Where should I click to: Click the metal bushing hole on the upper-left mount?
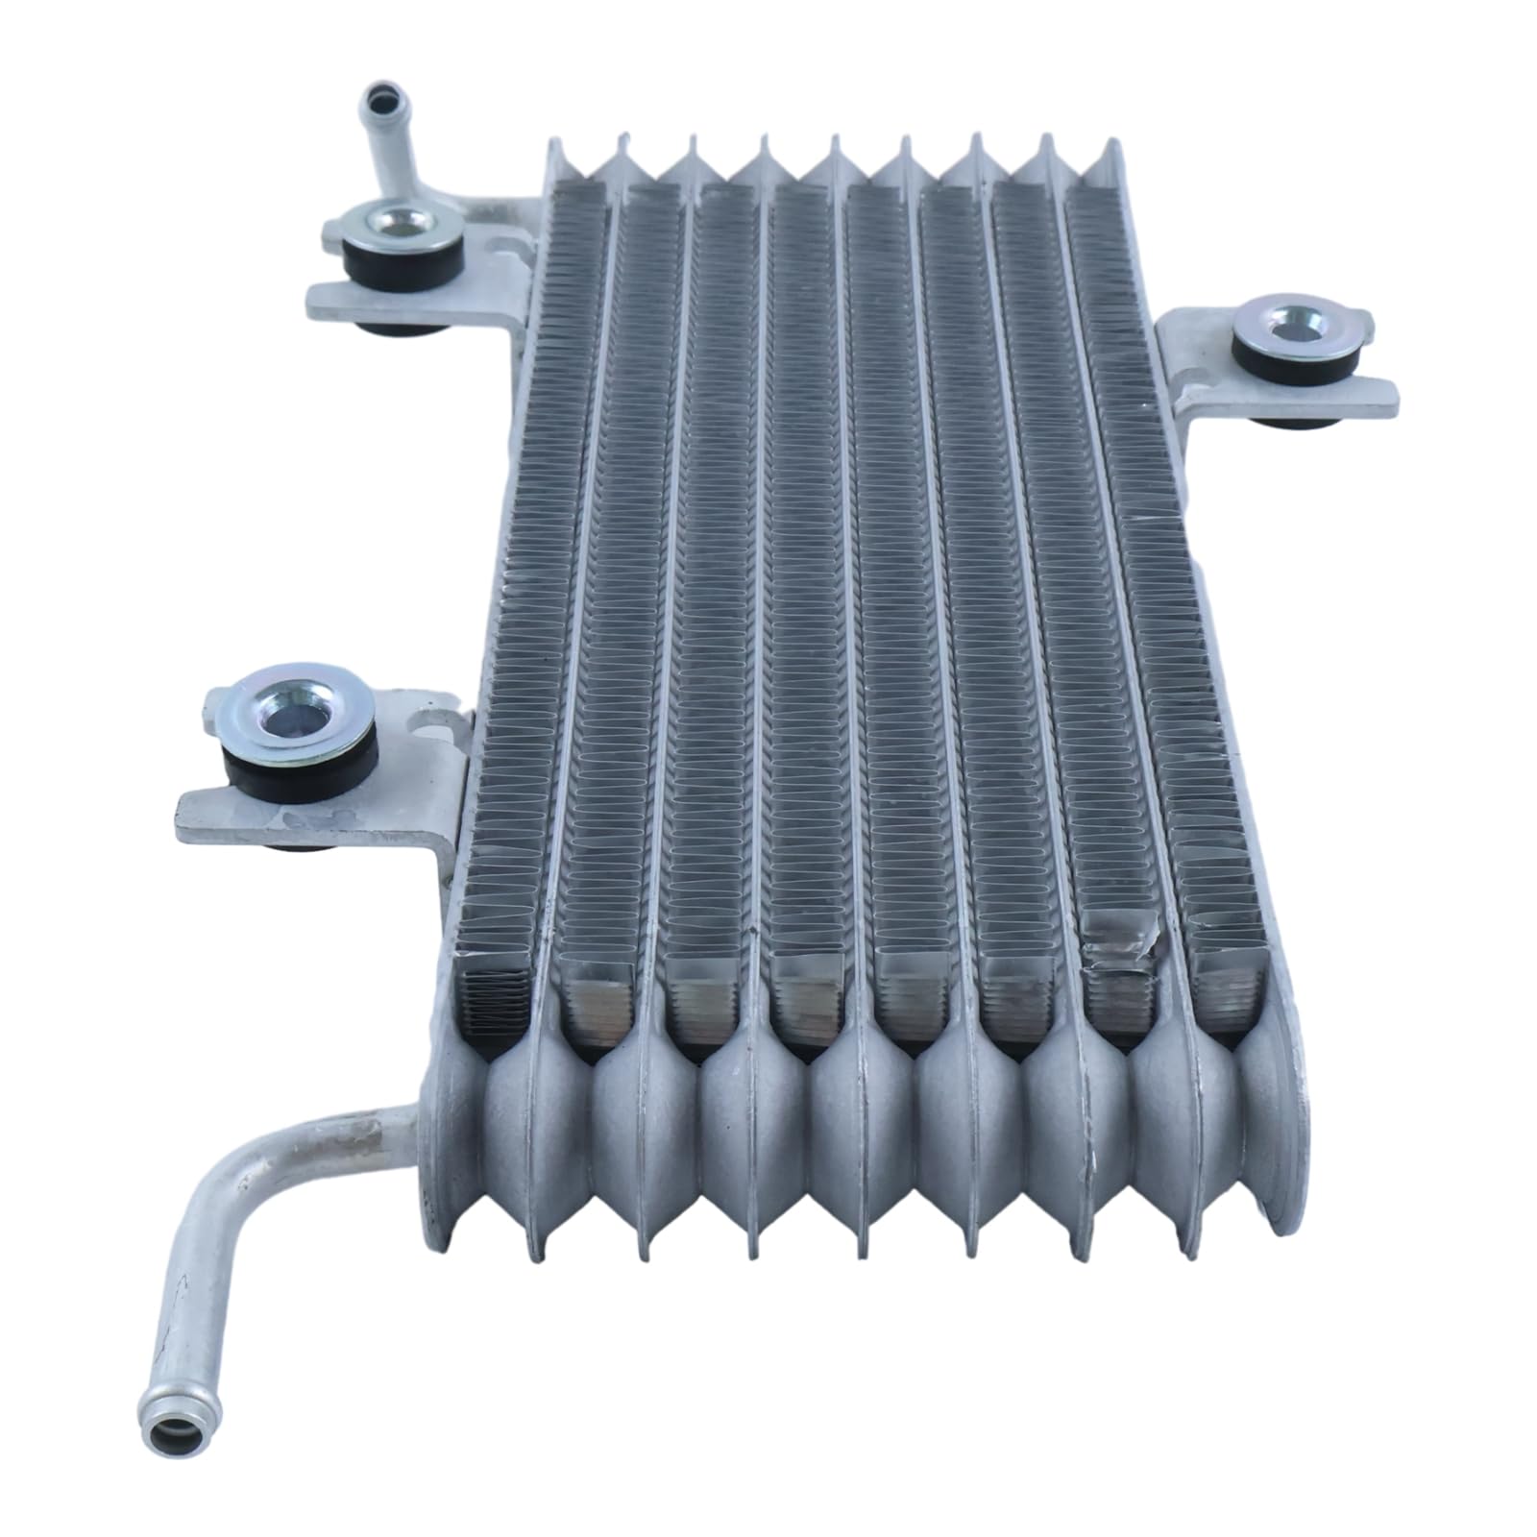pos(396,222)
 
